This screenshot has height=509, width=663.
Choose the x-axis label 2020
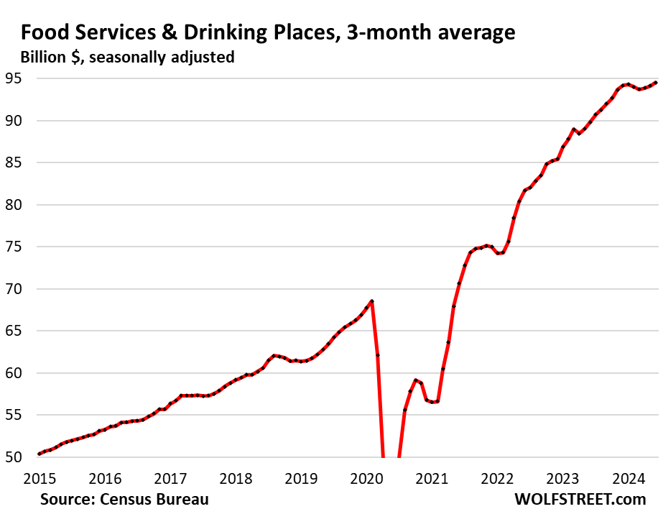[366, 478]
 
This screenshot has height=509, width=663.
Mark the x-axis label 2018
[236, 478]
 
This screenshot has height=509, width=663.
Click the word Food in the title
[45, 32]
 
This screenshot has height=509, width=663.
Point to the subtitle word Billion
[45, 57]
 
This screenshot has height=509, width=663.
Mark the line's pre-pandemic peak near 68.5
[372, 301]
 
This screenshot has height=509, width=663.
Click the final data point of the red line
[655, 83]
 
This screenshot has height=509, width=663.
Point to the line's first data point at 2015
[40, 454]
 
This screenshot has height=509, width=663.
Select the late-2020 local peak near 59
[415, 380]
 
